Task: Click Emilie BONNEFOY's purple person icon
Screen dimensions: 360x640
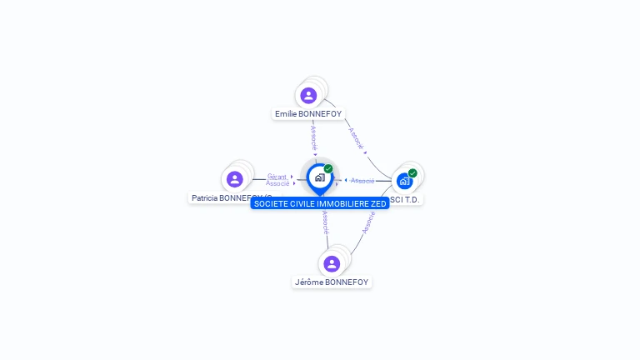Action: [x=308, y=95]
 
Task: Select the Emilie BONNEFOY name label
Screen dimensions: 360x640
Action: [x=308, y=113]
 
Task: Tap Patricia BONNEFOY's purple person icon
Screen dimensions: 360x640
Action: [x=234, y=179]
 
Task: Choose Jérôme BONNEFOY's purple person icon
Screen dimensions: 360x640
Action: [x=332, y=264]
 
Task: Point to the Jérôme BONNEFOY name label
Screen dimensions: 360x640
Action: [x=332, y=282]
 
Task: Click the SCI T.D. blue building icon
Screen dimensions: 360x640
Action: [x=404, y=181]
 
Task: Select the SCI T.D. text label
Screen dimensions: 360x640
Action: [x=406, y=200]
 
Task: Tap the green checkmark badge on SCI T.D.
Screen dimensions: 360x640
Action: [x=412, y=173]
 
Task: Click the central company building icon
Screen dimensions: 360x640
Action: [x=319, y=177]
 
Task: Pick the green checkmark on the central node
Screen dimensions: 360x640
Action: [x=328, y=169]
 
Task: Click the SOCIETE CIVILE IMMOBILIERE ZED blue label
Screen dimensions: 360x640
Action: [x=319, y=203]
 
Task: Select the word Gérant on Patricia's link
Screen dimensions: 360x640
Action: [x=277, y=177]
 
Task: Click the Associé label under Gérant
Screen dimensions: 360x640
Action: [x=277, y=183]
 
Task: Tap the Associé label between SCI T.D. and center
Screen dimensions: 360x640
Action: [x=362, y=181]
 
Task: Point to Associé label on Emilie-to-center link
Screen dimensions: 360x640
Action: [x=314, y=137]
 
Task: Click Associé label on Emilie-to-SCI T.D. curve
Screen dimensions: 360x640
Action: [x=356, y=138]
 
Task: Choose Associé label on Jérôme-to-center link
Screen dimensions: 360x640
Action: [x=325, y=222]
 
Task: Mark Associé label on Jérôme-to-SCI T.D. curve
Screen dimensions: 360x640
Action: [x=368, y=222]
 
